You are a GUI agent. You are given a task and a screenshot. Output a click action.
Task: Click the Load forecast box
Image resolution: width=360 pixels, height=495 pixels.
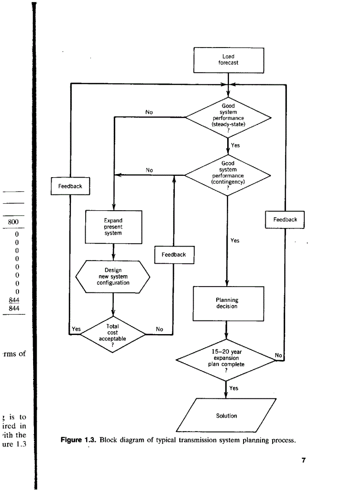pos(228,60)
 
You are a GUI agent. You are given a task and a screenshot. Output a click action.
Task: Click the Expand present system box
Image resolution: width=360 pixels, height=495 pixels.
pos(113,227)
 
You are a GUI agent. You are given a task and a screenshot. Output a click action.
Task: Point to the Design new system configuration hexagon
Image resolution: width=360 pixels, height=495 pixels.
pos(113,276)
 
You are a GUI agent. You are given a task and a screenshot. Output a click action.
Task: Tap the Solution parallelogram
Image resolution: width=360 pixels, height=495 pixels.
pos(226,416)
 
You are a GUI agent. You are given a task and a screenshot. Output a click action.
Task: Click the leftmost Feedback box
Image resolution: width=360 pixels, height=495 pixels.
pos(70,186)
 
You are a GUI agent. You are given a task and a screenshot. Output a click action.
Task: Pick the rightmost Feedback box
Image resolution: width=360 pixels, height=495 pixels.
pos(285,220)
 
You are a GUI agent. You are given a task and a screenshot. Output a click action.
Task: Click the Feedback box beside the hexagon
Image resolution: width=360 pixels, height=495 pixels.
pos(174,254)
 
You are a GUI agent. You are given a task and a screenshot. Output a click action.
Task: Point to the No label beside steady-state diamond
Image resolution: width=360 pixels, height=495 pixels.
pos(149,112)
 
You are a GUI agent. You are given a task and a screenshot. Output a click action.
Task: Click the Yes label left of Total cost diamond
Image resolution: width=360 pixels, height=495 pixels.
pos(76,328)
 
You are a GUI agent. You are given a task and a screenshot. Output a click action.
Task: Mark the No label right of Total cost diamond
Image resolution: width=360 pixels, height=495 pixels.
pos(160,329)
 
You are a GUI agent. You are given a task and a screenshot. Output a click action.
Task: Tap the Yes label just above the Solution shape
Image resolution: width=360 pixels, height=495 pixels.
pos(234,388)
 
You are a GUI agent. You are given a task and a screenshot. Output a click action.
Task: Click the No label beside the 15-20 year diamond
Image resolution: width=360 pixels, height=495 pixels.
pos(278,355)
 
